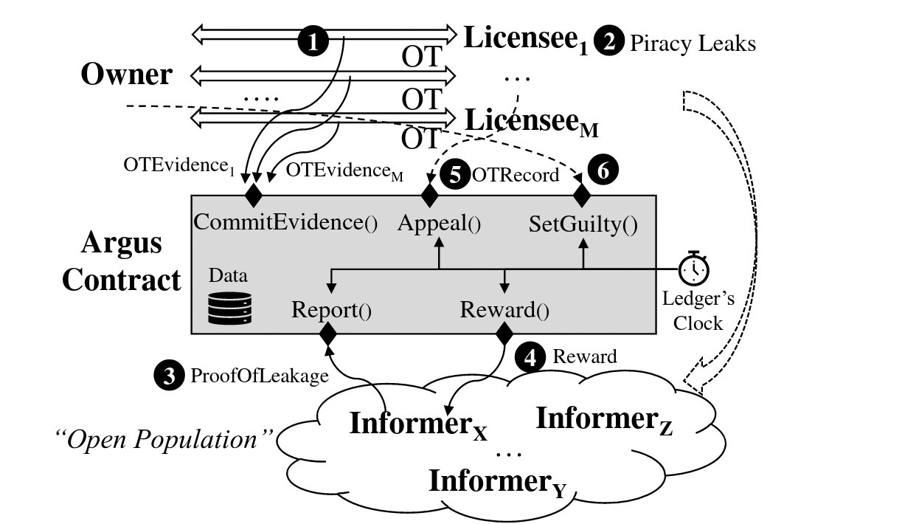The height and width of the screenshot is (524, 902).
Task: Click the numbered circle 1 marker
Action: point(313,42)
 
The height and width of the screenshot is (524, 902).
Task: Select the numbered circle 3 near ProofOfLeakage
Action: point(169,376)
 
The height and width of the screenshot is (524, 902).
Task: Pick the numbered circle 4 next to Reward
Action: point(530,357)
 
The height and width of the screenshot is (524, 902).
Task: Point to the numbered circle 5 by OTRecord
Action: point(454,174)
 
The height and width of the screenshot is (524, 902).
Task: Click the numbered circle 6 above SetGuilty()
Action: point(603,170)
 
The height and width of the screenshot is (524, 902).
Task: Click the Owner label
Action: point(126,75)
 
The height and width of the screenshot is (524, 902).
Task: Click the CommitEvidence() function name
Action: point(285,223)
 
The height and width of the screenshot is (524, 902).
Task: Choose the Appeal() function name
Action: point(439,223)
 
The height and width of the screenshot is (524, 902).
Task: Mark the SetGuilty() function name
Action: point(583,224)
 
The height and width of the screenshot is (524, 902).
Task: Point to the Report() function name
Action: point(331,309)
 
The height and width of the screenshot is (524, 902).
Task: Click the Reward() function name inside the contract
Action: point(504,309)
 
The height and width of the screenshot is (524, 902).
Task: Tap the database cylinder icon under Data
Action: point(229,308)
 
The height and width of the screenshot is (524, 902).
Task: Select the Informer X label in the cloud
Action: point(417,424)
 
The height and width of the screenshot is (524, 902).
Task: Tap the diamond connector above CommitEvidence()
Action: point(254,195)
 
